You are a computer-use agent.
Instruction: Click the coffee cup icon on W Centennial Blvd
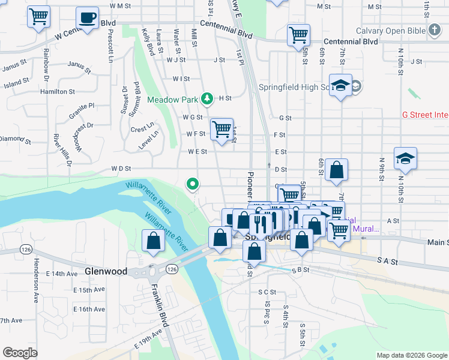(88, 17)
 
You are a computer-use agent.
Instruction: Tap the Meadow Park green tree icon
(207, 97)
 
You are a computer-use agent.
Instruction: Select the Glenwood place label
(106, 271)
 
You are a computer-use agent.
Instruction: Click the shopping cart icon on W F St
(221, 128)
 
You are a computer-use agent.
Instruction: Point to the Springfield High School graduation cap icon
(340, 85)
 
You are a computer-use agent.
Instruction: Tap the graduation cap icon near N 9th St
(405, 158)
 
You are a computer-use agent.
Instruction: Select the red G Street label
(425, 114)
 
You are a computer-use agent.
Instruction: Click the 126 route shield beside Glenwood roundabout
(172, 269)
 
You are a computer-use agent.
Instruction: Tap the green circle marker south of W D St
(192, 184)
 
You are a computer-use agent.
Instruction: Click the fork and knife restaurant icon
(260, 224)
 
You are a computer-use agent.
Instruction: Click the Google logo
(20, 353)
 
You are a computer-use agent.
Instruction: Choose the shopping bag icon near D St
(337, 170)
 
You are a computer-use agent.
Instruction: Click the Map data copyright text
(412, 355)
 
